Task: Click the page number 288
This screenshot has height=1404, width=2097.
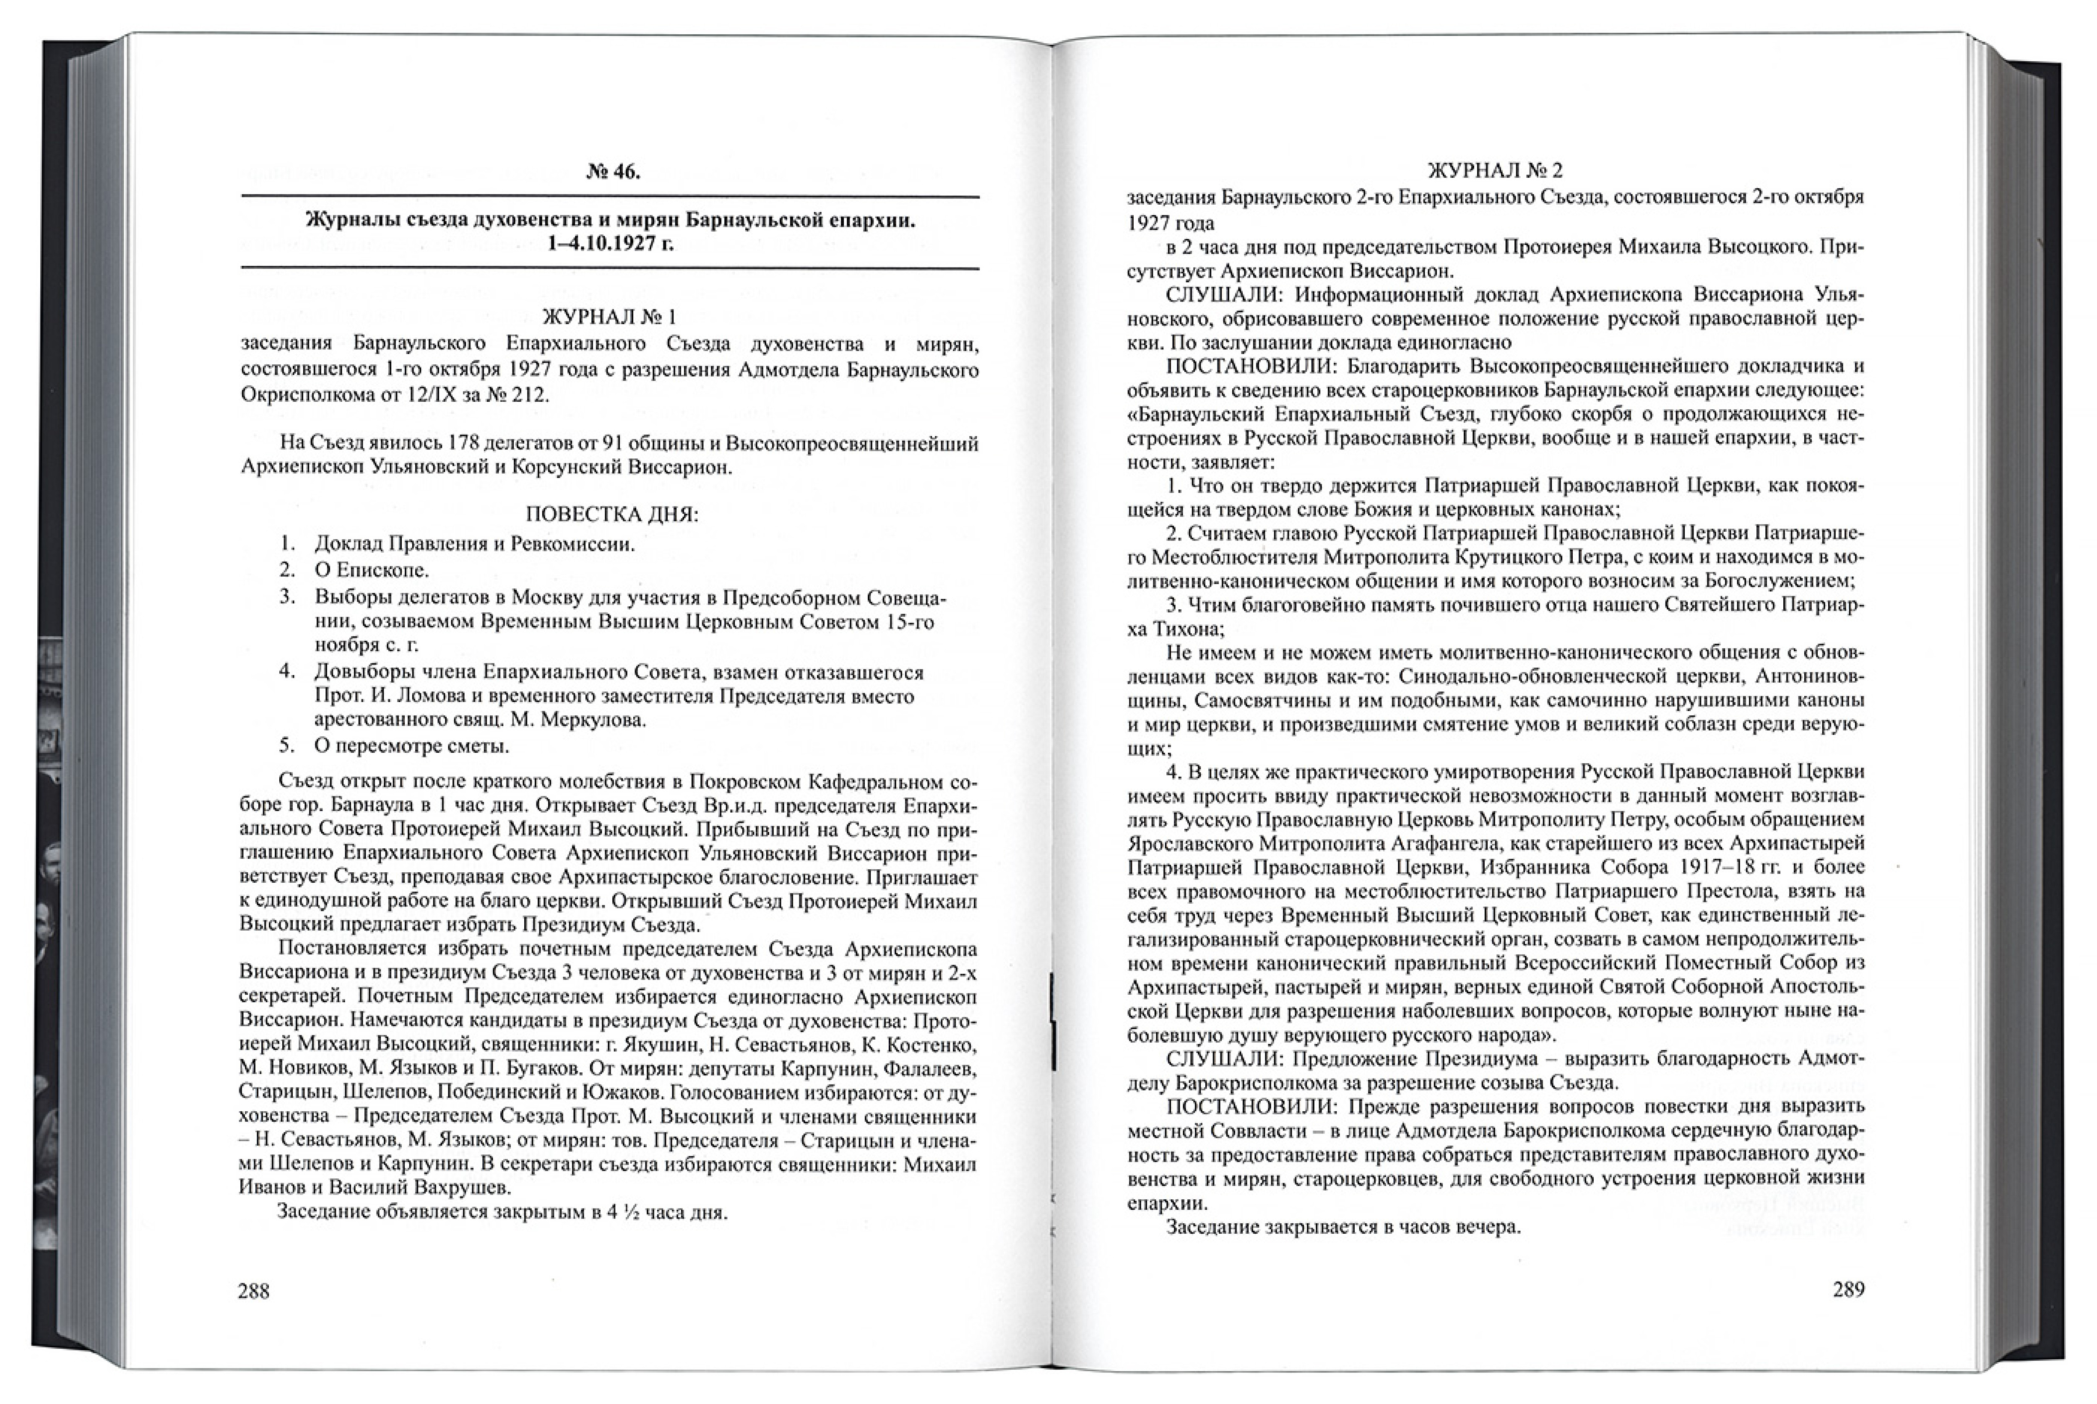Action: click(253, 1291)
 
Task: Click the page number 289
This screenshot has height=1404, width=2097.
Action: click(1849, 1290)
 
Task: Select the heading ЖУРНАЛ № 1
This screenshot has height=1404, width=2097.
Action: click(610, 317)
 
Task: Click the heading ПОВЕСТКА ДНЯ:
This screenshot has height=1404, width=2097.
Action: click(611, 515)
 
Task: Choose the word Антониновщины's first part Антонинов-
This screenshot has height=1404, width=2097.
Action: click(1809, 677)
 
